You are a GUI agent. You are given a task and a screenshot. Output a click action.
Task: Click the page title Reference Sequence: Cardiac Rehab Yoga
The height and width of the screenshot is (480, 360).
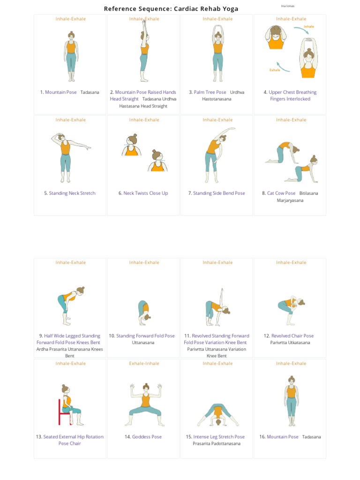tap(171, 8)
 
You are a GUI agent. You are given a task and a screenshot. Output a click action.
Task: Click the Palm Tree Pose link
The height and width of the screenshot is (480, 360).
tap(210, 92)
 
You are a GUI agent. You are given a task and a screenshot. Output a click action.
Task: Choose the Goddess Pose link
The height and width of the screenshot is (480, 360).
tap(147, 437)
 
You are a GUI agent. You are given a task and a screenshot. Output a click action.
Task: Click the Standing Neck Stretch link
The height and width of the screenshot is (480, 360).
tap(72, 193)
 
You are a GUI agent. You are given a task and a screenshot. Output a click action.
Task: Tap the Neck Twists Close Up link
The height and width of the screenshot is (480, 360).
tap(145, 193)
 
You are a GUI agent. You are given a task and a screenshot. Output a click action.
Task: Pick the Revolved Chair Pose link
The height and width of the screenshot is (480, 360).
tap(292, 336)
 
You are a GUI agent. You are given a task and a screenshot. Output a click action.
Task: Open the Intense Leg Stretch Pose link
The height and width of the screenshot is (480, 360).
tap(219, 437)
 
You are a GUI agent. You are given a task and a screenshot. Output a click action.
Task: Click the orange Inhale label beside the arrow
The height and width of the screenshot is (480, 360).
tap(309, 27)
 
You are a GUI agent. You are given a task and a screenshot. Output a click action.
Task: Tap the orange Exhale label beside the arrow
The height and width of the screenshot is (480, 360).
tap(275, 70)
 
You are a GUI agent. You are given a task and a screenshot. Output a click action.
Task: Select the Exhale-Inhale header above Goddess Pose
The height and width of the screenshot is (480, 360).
tap(144, 363)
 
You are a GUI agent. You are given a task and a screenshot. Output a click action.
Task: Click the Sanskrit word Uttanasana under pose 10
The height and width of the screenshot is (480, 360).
tap(143, 343)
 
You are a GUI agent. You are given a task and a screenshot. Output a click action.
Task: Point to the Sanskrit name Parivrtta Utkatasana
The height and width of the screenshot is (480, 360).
tap(290, 343)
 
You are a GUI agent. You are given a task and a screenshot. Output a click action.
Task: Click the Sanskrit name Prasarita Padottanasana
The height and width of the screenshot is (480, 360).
tap(217, 443)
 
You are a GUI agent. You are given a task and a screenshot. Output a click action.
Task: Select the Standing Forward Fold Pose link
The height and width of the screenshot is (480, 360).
tap(145, 336)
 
